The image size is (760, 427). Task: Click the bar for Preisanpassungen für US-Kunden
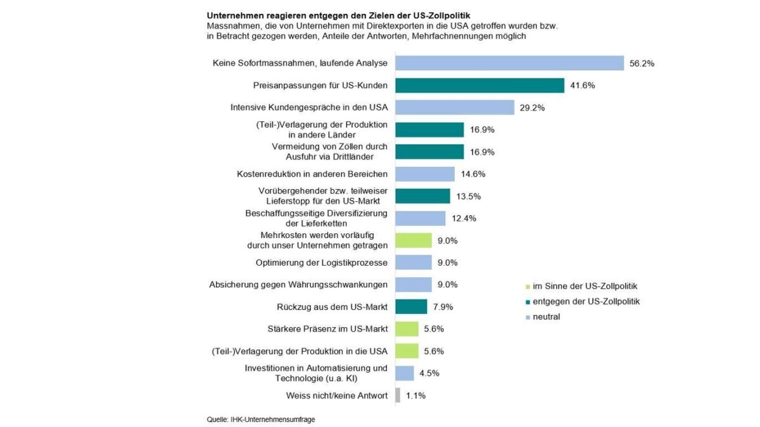coord(479,85)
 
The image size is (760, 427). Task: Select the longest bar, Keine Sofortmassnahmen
coord(510,63)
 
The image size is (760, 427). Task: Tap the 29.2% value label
coord(533,108)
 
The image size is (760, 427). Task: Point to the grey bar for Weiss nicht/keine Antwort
coord(398,395)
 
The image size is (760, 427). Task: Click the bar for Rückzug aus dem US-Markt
coord(411,307)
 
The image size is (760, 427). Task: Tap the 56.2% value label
coord(642,63)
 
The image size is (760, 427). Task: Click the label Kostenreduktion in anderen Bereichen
coord(312,174)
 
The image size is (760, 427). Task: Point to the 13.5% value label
coord(469,196)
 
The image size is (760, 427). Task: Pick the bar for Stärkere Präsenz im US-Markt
coord(407,329)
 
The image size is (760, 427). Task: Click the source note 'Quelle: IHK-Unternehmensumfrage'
coord(260,419)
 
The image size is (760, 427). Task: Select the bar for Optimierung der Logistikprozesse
coord(414,263)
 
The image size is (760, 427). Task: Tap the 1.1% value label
coord(416,395)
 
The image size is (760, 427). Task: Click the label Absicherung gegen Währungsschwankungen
coord(298,285)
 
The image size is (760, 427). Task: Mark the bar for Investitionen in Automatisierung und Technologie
coord(404,373)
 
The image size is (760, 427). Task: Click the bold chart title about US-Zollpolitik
coord(339,14)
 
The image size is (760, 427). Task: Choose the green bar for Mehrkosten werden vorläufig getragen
coord(414,240)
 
